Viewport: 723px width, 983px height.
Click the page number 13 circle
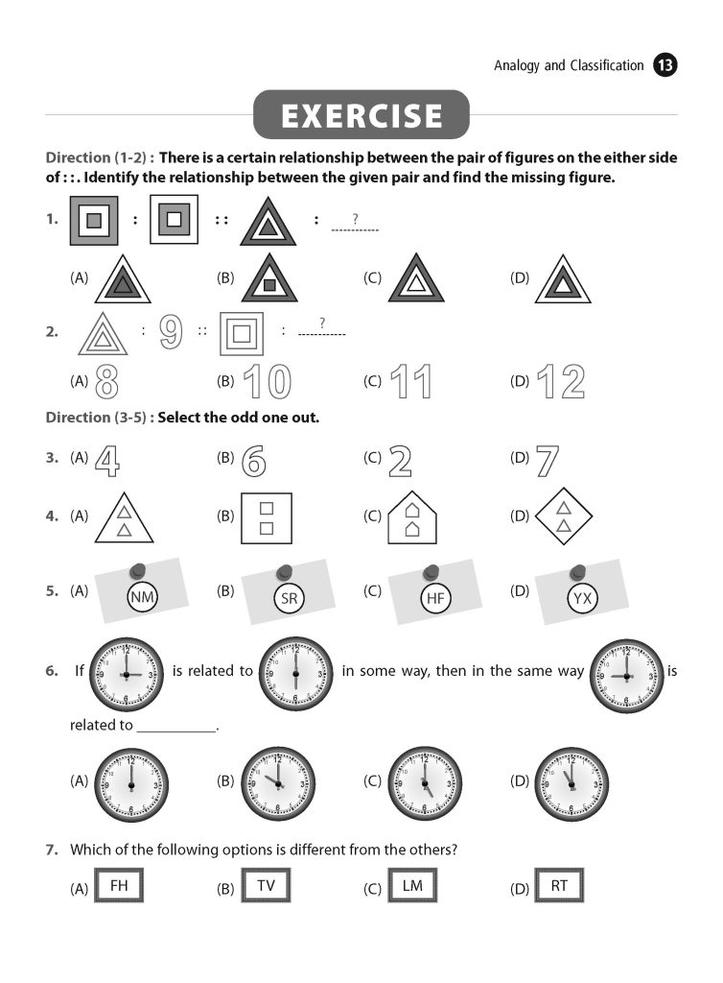coord(665,65)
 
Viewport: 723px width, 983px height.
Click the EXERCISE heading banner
coord(361,116)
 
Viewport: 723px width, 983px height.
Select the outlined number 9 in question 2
coord(171,331)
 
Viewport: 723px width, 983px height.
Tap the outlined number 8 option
coord(107,381)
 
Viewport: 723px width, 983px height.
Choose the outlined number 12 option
coord(561,381)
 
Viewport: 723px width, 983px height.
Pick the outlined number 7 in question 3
coord(548,461)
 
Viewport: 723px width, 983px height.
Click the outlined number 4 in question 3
coord(108,461)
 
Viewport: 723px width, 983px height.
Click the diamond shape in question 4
coord(563,516)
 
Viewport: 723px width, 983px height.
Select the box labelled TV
coord(266,886)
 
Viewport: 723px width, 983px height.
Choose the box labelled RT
coord(559,886)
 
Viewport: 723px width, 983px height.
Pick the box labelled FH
coord(120,886)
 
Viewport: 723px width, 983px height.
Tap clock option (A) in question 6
coord(131,783)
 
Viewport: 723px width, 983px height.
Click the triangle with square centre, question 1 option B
coord(269,279)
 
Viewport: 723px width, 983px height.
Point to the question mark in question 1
coord(355,219)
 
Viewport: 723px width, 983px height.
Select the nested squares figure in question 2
coord(242,332)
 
